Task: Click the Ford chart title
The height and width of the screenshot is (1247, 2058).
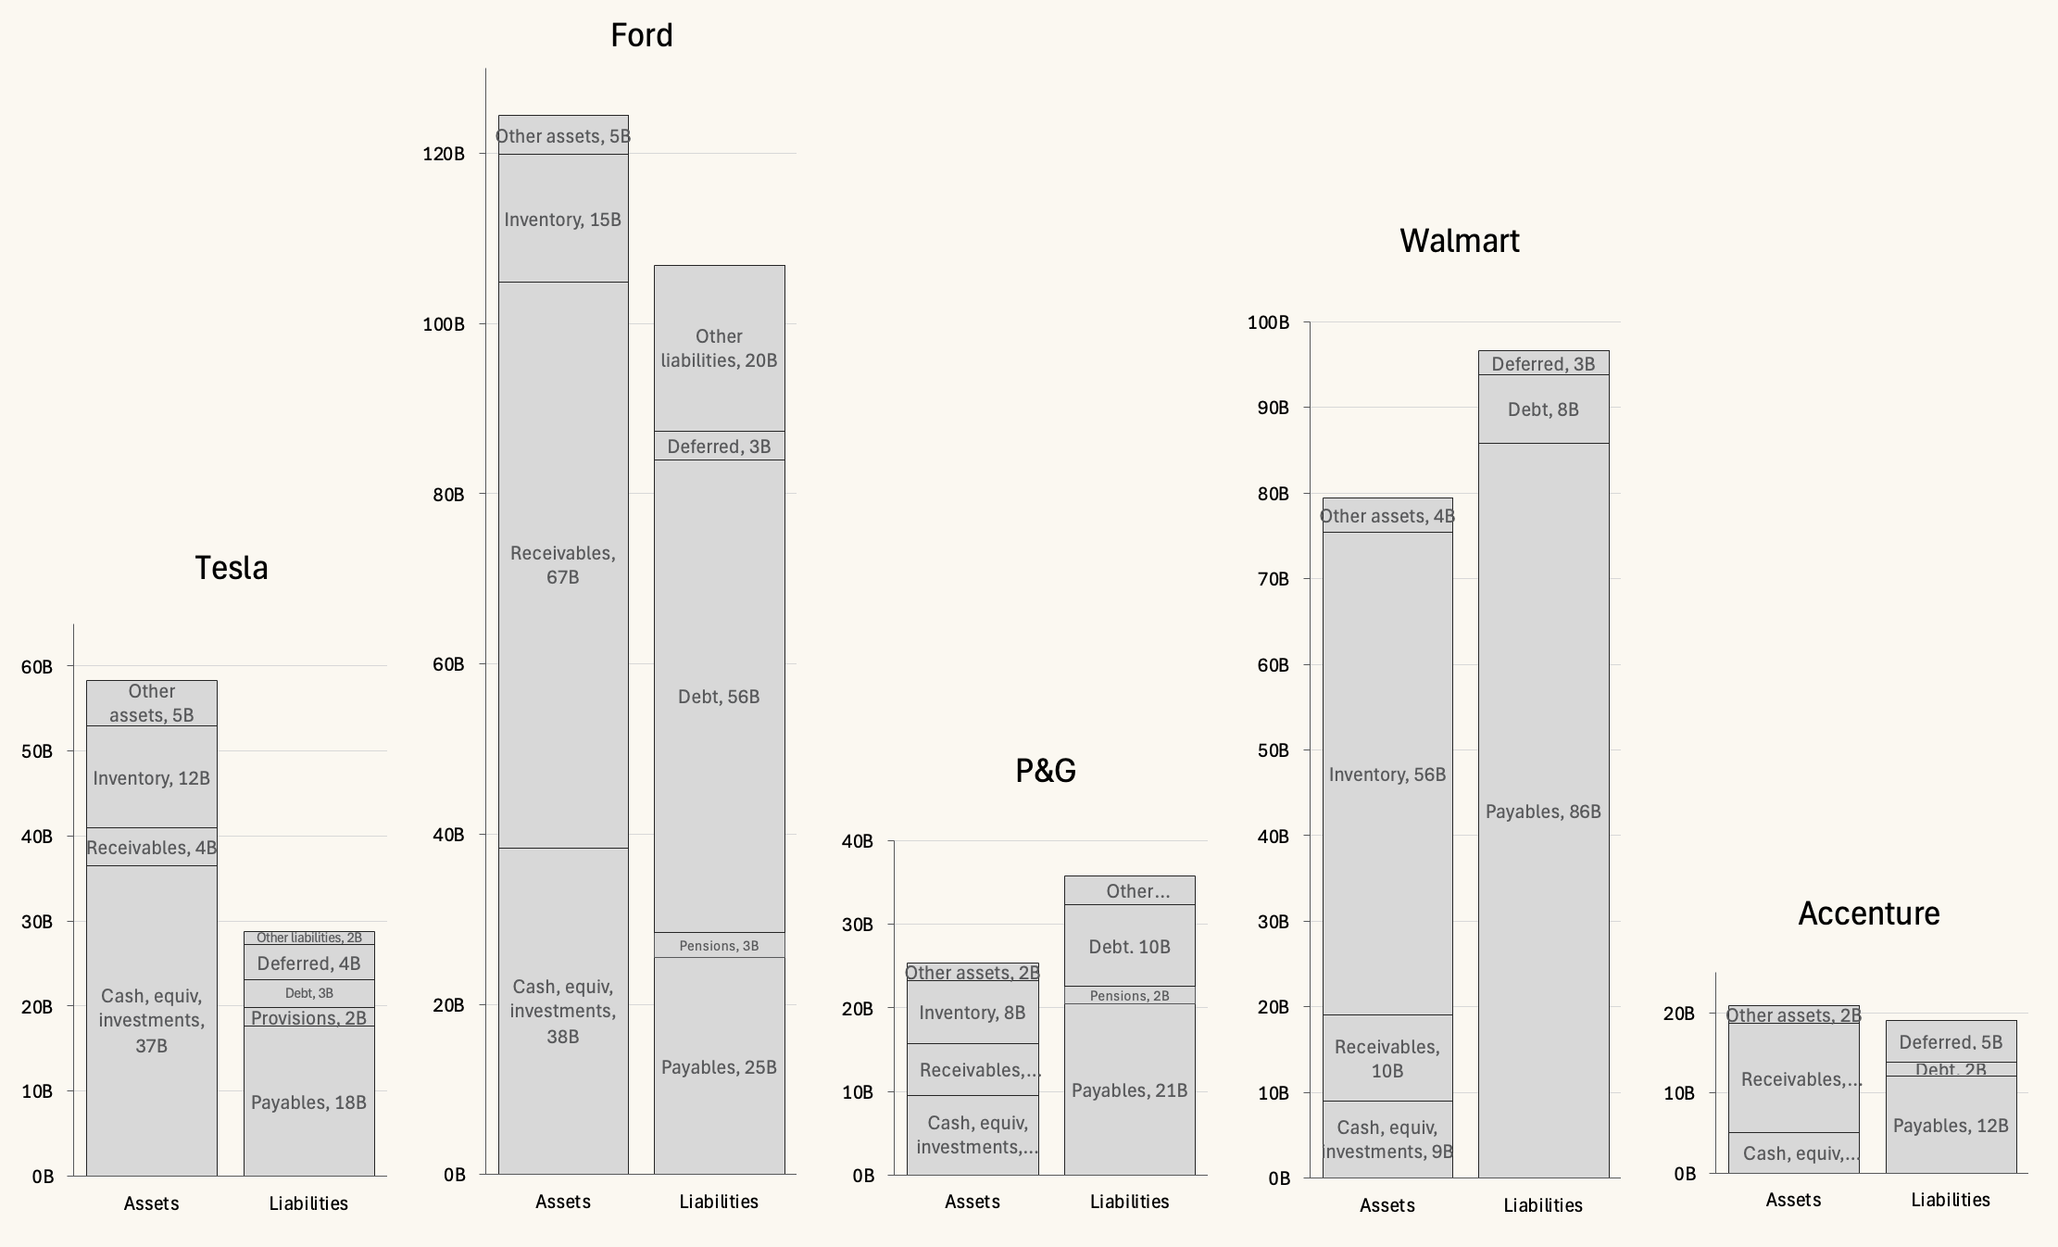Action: tap(641, 36)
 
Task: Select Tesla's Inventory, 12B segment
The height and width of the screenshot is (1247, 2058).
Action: tap(151, 777)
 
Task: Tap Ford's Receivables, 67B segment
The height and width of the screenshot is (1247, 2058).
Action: tap(562, 564)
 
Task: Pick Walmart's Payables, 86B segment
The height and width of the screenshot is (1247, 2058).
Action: tap(1543, 812)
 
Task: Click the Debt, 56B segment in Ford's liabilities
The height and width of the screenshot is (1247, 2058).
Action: tap(719, 697)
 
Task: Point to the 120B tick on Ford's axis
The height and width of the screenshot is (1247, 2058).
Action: tap(445, 154)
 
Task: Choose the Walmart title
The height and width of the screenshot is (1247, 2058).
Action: tap(1459, 241)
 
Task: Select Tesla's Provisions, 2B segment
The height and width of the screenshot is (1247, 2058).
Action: tap(308, 1017)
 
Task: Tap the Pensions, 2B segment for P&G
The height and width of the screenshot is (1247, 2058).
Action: tap(1129, 996)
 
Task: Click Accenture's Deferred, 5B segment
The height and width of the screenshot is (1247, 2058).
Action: tap(1951, 1041)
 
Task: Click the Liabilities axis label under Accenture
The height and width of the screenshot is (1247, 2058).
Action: tap(1951, 1200)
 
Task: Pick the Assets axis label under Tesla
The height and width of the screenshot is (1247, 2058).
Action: tap(151, 1203)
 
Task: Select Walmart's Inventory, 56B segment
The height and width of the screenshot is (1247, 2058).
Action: tap(1387, 775)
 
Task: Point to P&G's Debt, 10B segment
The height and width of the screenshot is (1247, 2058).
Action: tap(1129, 946)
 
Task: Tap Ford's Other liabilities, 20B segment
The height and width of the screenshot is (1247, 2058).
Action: tap(719, 348)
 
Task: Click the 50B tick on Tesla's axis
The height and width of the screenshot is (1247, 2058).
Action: tap(37, 751)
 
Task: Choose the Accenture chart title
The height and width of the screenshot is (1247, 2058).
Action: tap(1868, 913)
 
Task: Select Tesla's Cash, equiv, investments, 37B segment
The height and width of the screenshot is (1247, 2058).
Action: tap(151, 1020)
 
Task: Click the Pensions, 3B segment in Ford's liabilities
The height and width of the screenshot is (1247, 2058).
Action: tap(719, 946)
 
